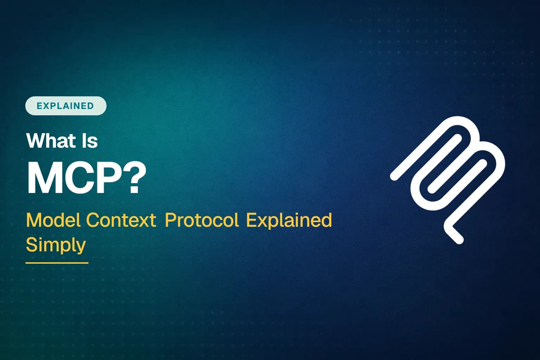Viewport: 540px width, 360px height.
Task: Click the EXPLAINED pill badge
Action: tap(66, 106)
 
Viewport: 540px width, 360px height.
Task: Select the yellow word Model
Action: tap(54, 220)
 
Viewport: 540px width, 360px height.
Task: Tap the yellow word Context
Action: tap(121, 220)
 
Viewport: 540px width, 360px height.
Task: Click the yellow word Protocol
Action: tap(201, 220)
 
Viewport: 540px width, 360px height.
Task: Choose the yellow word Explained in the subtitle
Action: tap(289, 220)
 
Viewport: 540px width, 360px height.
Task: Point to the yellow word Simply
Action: tap(56, 245)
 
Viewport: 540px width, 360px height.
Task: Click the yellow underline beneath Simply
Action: tap(57, 263)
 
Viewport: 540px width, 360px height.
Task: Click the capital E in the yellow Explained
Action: tap(250, 220)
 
